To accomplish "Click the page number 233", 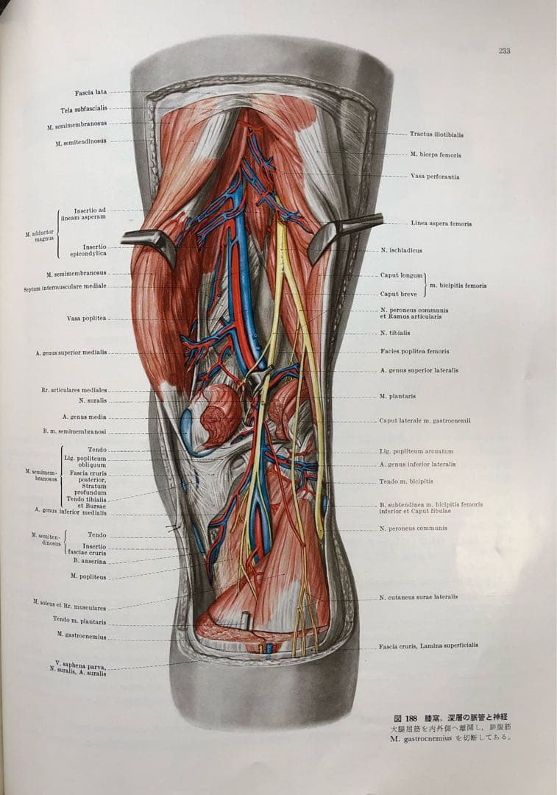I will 504,51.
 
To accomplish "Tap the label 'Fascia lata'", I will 91,93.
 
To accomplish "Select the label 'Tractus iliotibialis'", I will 436,135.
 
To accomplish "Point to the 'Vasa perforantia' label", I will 435,177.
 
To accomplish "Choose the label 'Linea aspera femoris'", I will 441,224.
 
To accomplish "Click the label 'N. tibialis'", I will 395,333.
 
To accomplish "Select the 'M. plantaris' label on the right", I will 397,396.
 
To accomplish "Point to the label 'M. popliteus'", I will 88,576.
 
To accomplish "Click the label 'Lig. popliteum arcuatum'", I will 416,451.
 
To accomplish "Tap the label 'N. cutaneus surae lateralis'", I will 418,597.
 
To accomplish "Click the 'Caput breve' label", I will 400,294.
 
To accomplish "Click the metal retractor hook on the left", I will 151,241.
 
